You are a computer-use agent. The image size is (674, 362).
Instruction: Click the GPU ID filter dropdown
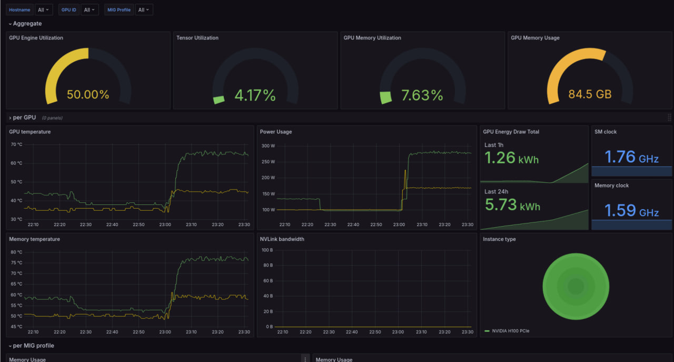click(90, 9)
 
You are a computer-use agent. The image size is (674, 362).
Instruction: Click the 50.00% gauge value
click(88, 95)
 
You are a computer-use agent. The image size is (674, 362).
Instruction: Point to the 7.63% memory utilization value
click(422, 95)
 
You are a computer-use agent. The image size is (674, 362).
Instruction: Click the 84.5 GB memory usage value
click(590, 95)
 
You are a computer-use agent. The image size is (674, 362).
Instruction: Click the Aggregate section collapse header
click(26, 24)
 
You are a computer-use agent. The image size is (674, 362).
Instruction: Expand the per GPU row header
click(24, 118)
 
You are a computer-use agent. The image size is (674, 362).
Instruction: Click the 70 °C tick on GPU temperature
click(16, 144)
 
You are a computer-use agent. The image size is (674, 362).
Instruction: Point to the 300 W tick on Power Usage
click(269, 146)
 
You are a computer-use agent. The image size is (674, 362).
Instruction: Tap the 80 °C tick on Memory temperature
click(16, 252)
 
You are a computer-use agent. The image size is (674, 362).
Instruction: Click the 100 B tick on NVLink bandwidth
click(266, 250)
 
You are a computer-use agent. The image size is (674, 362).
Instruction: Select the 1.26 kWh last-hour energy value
click(511, 158)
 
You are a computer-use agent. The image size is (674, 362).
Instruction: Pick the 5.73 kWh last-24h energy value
click(512, 205)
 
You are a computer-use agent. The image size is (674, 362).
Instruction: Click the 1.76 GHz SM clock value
click(631, 157)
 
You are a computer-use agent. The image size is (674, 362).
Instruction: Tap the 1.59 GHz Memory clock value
click(631, 211)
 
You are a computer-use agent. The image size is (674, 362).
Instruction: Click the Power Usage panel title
click(276, 132)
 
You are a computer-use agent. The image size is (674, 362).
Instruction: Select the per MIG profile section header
click(33, 346)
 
